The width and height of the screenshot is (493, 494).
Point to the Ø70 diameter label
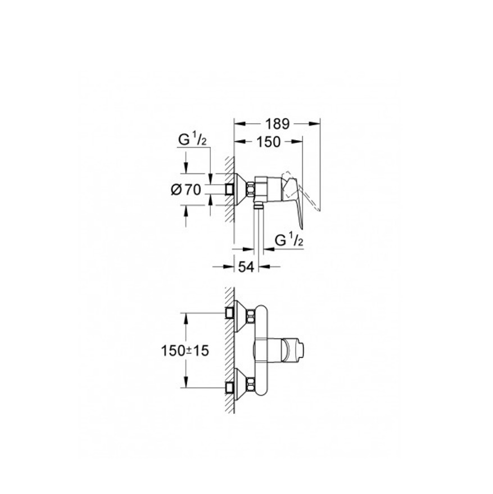coord(186,190)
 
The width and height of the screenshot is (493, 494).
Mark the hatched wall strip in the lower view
coord(229,349)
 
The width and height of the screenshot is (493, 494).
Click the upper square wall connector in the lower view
coord(229,312)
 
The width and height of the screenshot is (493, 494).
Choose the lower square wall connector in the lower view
coord(229,387)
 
